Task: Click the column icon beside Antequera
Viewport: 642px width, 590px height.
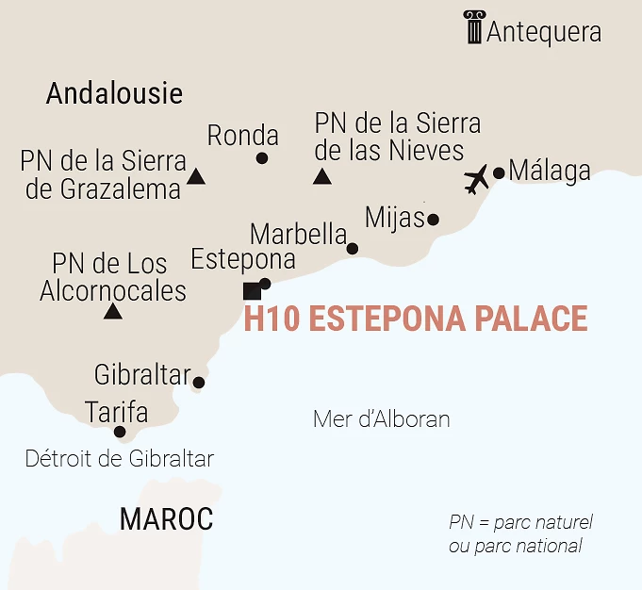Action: pos(473,27)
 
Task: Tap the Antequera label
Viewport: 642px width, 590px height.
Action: pos(544,32)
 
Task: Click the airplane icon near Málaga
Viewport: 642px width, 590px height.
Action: pos(477,178)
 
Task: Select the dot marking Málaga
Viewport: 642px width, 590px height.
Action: pos(499,172)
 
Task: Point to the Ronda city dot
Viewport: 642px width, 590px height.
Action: pos(261,158)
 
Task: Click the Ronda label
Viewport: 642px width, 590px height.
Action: pos(243,135)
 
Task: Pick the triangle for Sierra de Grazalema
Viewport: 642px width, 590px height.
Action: pos(196,175)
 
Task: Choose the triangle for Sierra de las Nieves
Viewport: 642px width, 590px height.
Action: pos(322,175)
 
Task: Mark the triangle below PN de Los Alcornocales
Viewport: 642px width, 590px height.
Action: pos(113,311)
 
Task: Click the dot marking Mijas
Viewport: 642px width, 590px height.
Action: pos(433,220)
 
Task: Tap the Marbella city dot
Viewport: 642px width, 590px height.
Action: pos(352,249)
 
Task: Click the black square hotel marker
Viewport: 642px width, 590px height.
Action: pos(252,290)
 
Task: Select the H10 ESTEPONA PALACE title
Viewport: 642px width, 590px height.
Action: pos(416,320)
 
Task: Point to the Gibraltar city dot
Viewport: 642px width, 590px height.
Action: pos(198,383)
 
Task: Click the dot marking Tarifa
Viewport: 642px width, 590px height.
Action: pos(120,433)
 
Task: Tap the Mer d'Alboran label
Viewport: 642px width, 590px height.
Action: pos(381,419)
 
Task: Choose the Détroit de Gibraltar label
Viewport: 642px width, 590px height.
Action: pos(120,460)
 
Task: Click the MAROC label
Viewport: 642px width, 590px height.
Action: pos(166,518)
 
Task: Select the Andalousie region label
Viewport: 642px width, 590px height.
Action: pos(114,93)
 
